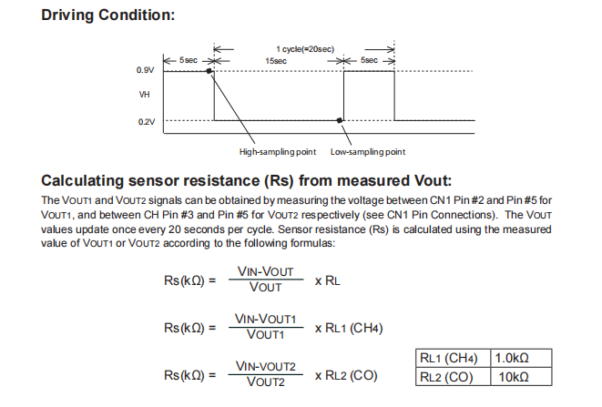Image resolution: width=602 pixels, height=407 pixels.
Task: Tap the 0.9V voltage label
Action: pos(146,70)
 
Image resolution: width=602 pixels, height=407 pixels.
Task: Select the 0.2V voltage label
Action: pos(146,120)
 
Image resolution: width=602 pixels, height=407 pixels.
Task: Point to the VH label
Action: pos(145,95)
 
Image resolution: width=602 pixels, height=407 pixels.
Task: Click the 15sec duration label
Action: pos(276,60)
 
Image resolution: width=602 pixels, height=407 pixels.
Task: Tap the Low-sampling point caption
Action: pos(367,151)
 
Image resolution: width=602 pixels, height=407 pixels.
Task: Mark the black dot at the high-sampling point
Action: pos(209,70)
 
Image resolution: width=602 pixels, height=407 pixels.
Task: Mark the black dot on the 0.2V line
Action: pos(340,120)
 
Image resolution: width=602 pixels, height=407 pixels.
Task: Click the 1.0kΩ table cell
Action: pos(510,358)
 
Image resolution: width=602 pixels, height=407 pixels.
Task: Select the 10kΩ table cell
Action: pos(510,376)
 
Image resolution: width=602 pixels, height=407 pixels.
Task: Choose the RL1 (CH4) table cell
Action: pos(452,358)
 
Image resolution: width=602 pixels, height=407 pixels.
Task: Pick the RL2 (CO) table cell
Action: pos(452,376)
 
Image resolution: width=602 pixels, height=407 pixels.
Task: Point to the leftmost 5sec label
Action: pos(189,60)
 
